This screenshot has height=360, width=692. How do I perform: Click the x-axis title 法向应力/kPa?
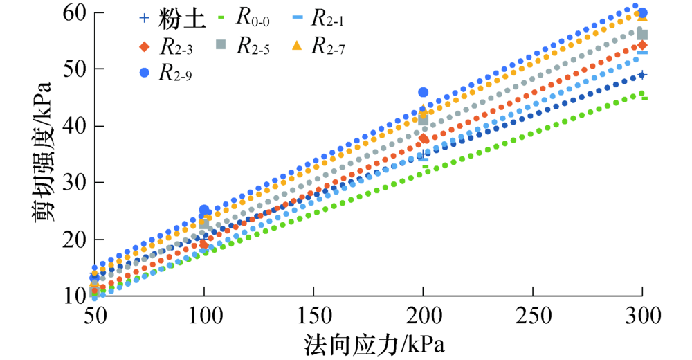pos(373,344)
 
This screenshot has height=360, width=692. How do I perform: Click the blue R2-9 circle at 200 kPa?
pos(424,93)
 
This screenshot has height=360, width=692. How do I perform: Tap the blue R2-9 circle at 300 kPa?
pos(642,13)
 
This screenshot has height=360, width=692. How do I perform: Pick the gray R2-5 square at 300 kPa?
pos(642,35)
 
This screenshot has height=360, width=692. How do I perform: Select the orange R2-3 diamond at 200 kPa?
pos(424,138)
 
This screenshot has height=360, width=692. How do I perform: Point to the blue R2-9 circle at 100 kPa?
pos(205,210)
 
